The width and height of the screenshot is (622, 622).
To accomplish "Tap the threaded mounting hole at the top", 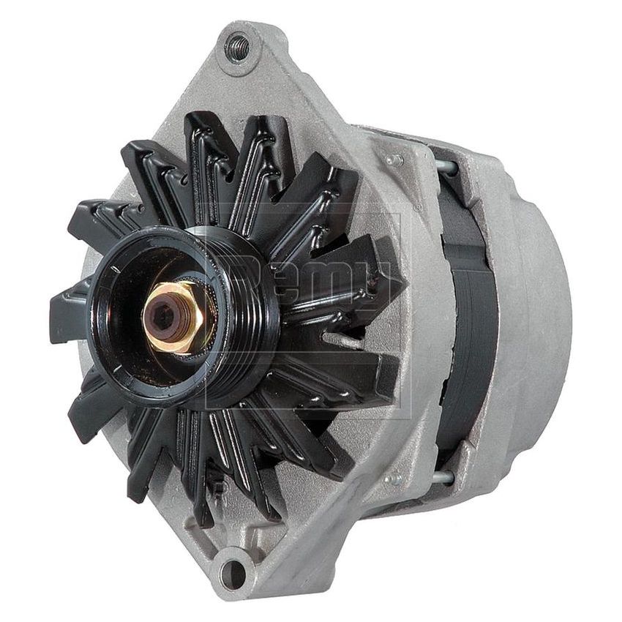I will pos(237,48).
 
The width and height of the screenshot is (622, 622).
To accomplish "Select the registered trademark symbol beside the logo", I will pos(417,208).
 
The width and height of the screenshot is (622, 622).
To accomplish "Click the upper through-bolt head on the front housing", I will pos(396,159).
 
